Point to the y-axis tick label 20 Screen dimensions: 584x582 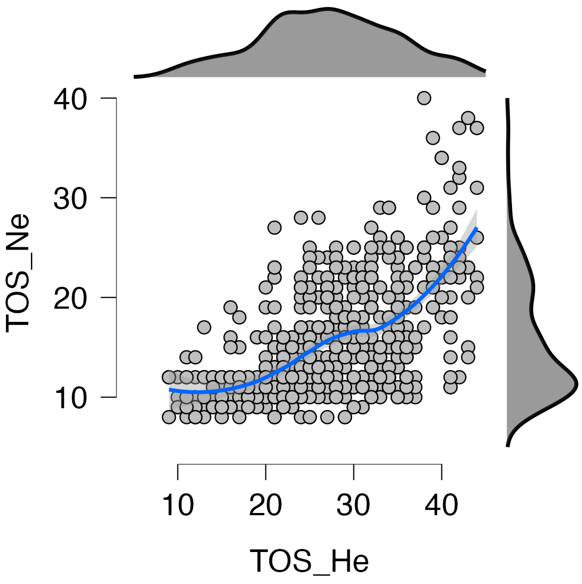pyautogui.click(x=70, y=299)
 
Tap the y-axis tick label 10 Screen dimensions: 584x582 pyautogui.click(x=70, y=399)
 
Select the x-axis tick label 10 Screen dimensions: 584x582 pyautogui.click(x=178, y=505)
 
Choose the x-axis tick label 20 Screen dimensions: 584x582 pyautogui.click(x=265, y=505)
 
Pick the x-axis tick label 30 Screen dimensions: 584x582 pyautogui.click(x=353, y=505)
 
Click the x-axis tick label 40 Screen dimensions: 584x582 pyautogui.click(x=441, y=505)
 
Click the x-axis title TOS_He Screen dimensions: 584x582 pyautogui.click(x=309, y=561)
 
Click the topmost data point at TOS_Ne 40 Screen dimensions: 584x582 pyautogui.click(x=424, y=98)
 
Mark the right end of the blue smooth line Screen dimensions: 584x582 pyautogui.click(x=477, y=227)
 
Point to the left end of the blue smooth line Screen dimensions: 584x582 pyautogui.click(x=169, y=390)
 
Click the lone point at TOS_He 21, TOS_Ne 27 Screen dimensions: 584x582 pyautogui.click(x=275, y=227)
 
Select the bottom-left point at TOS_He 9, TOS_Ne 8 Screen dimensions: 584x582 pyautogui.click(x=169, y=417)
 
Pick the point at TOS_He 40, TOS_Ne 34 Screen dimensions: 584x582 pyautogui.click(x=442, y=158)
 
